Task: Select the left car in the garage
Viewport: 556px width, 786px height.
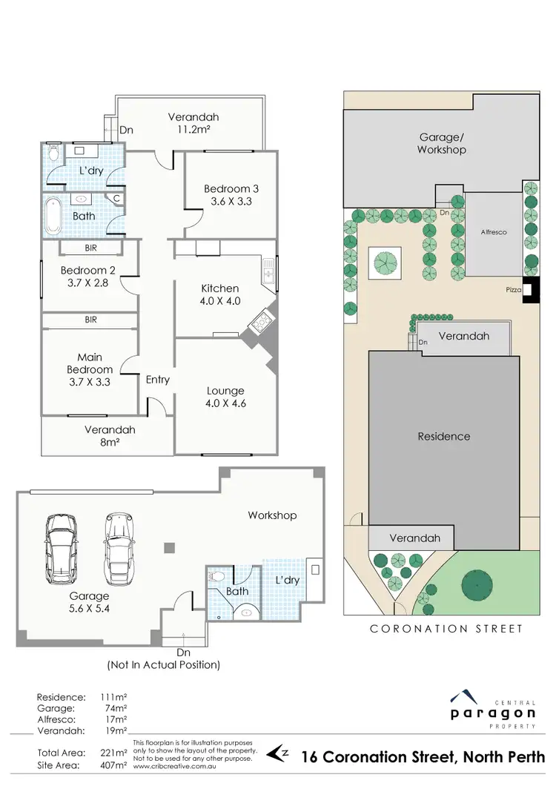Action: tap(62, 545)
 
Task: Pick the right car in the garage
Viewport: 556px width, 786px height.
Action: tap(119, 545)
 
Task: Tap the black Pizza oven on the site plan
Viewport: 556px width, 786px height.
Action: tap(530, 291)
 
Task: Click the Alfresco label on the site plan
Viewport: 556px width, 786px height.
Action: tap(492, 232)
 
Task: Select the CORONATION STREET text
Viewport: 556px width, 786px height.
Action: tap(446, 629)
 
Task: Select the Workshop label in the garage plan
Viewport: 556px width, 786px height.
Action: tap(272, 515)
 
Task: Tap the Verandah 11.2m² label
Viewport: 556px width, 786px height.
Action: tap(193, 123)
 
